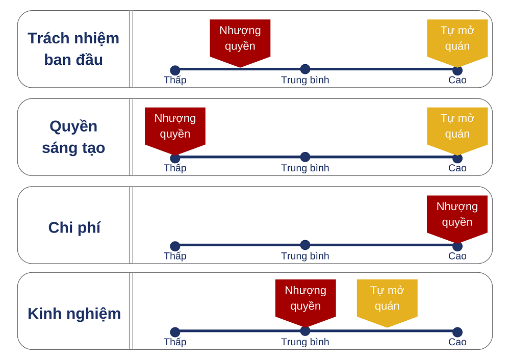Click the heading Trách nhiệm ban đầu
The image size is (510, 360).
(x=73, y=49)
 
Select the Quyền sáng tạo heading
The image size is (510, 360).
(x=73, y=137)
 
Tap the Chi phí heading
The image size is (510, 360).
(x=74, y=227)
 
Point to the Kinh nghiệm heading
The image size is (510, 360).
(x=74, y=313)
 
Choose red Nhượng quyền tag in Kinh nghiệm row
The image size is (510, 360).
(x=305, y=299)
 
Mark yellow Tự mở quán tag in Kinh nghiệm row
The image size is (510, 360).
(x=387, y=299)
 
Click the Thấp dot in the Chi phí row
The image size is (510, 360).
(x=175, y=246)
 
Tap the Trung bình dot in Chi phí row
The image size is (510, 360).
(x=305, y=245)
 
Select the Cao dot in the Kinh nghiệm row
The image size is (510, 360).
(x=457, y=332)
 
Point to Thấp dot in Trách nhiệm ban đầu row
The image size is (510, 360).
(x=175, y=70)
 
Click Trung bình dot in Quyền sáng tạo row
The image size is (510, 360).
(x=305, y=157)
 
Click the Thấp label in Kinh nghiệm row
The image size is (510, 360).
(x=175, y=342)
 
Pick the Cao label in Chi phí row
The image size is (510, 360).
(x=457, y=256)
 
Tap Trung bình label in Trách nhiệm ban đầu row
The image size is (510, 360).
(x=305, y=80)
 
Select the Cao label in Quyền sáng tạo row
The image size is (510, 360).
(x=457, y=168)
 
